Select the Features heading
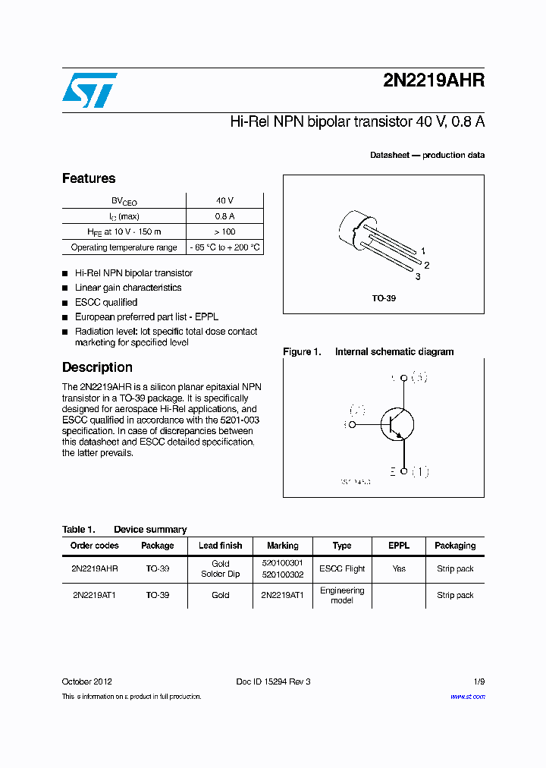tap(89, 178)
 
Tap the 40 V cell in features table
tap(224, 201)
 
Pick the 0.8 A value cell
tap(224, 216)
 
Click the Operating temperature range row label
tap(124, 247)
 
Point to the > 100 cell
tap(224, 232)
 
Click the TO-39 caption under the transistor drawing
tap(383, 298)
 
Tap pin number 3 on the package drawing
tap(417, 277)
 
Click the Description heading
tap(97, 367)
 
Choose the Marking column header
tap(283, 546)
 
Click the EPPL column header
tap(399, 546)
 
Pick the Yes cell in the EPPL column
tap(399, 568)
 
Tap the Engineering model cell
tap(342, 595)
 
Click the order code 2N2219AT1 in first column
tap(94, 595)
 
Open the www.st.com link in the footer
tap(467, 696)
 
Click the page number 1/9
tap(479, 681)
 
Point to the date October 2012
tap(86, 681)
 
